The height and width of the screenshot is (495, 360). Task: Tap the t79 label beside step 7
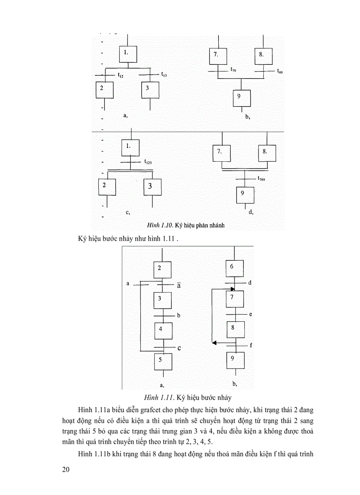(x=232, y=70)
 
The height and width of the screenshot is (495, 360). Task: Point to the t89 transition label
(x=280, y=71)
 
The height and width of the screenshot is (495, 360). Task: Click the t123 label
(x=149, y=163)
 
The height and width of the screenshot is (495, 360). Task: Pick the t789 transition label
(x=262, y=179)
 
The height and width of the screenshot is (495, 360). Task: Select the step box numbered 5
(x=163, y=361)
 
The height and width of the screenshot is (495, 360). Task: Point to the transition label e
(x=250, y=314)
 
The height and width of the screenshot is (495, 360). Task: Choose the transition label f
(x=251, y=345)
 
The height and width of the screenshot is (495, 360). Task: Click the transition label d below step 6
(x=250, y=282)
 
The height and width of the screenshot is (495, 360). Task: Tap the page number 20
(x=66, y=469)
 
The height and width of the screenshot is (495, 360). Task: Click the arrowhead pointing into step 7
(x=232, y=289)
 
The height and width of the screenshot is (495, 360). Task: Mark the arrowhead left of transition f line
(x=214, y=342)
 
